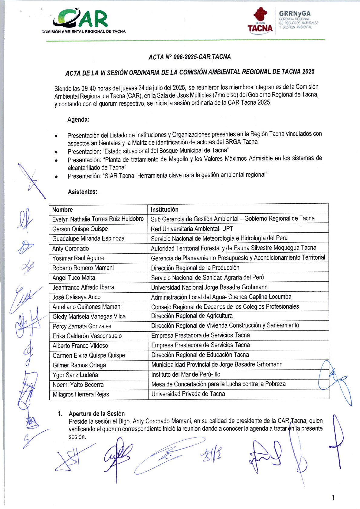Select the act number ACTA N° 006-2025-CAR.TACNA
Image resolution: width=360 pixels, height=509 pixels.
(190, 57)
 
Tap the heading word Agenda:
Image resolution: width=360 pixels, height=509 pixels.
(78, 120)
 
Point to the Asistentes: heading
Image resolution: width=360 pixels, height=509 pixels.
(83, 192)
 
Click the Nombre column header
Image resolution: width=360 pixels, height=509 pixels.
(62, 210)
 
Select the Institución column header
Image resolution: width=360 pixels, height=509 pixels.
(165, 209)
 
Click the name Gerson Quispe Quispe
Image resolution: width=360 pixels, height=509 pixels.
(80, 229)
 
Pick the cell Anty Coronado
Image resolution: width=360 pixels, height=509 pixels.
(70, 248)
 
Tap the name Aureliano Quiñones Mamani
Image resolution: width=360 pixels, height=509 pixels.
(87, 307)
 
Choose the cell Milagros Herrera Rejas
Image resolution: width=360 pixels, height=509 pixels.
(81, 394)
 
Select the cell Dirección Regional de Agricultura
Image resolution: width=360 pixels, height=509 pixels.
(192, 316)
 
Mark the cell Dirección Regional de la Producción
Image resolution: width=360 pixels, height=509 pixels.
(195, 268)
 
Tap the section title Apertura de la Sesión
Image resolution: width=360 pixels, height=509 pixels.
(97, 414)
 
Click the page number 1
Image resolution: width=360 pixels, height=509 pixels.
(333, 497)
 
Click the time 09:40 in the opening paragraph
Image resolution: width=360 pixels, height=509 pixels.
(88, 88)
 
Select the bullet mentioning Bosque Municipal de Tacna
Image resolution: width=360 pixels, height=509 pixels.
(148, 151)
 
